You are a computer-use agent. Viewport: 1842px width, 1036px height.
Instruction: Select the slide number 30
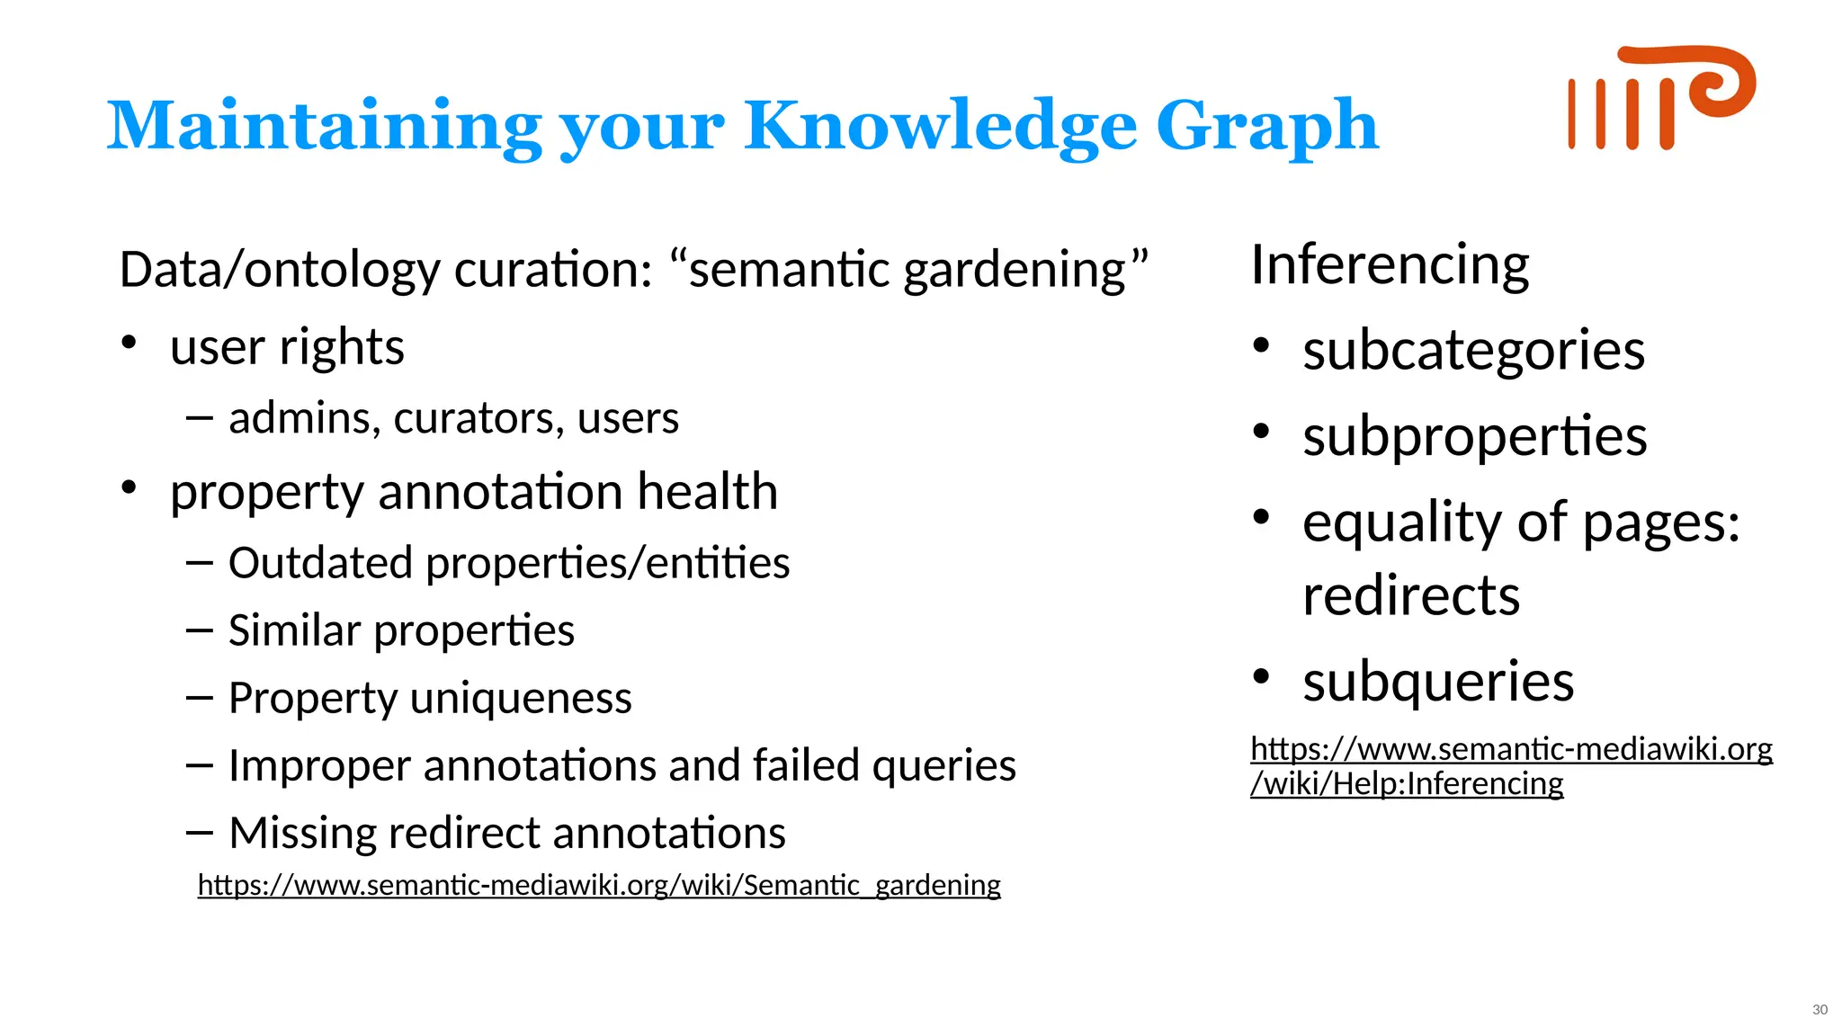(x=1820, y=1010)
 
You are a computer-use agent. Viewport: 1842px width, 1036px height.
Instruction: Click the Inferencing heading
(x=1390, y=265)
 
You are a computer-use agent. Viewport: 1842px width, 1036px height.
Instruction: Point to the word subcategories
(x=1473, y=350)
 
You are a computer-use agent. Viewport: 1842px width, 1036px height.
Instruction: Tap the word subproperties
(x=1474, y=437)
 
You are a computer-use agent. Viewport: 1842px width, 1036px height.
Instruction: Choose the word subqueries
(x=1438, y=681)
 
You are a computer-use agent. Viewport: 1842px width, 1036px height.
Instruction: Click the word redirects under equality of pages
(x=1411, y=595)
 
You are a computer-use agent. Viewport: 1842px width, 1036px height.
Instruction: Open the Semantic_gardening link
(x=599, y=885)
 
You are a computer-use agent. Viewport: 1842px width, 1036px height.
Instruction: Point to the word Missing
(x=302, y=833)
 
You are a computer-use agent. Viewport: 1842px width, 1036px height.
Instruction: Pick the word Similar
(x=294, y=630)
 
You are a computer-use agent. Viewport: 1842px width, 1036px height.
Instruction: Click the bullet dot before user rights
(x=130, y=343)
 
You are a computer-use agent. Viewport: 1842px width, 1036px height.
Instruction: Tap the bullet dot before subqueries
(x=1261, y=676)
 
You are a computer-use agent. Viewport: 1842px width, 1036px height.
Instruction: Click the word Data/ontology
(x=280, y=270)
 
